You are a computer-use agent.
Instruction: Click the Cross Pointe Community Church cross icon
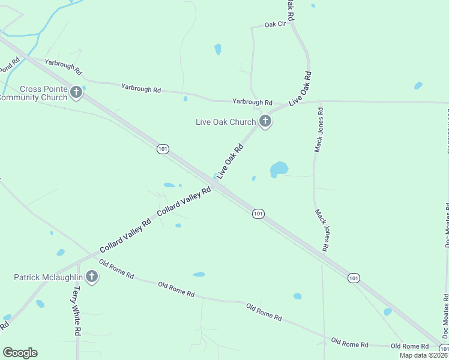tap(76, 92)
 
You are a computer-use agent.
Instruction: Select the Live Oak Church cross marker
tap(265, 122)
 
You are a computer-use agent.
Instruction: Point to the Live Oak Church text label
tap(226, 122)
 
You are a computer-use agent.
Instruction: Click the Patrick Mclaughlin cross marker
tap(91, 277)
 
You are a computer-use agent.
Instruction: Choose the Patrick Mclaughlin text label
tap(48, 277)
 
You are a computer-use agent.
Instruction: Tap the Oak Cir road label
tap(274, 25)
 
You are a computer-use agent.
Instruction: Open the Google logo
tap(20, 353)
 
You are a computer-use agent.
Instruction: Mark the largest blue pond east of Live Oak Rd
tap(279, 169)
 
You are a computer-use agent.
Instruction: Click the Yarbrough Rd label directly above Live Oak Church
tap(252, 102)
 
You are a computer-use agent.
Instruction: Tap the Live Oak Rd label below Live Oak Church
tap(231, 161)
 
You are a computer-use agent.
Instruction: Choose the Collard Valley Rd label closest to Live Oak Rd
tap(184, 202)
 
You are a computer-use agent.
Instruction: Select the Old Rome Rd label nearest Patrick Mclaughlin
tap(116, 268)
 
